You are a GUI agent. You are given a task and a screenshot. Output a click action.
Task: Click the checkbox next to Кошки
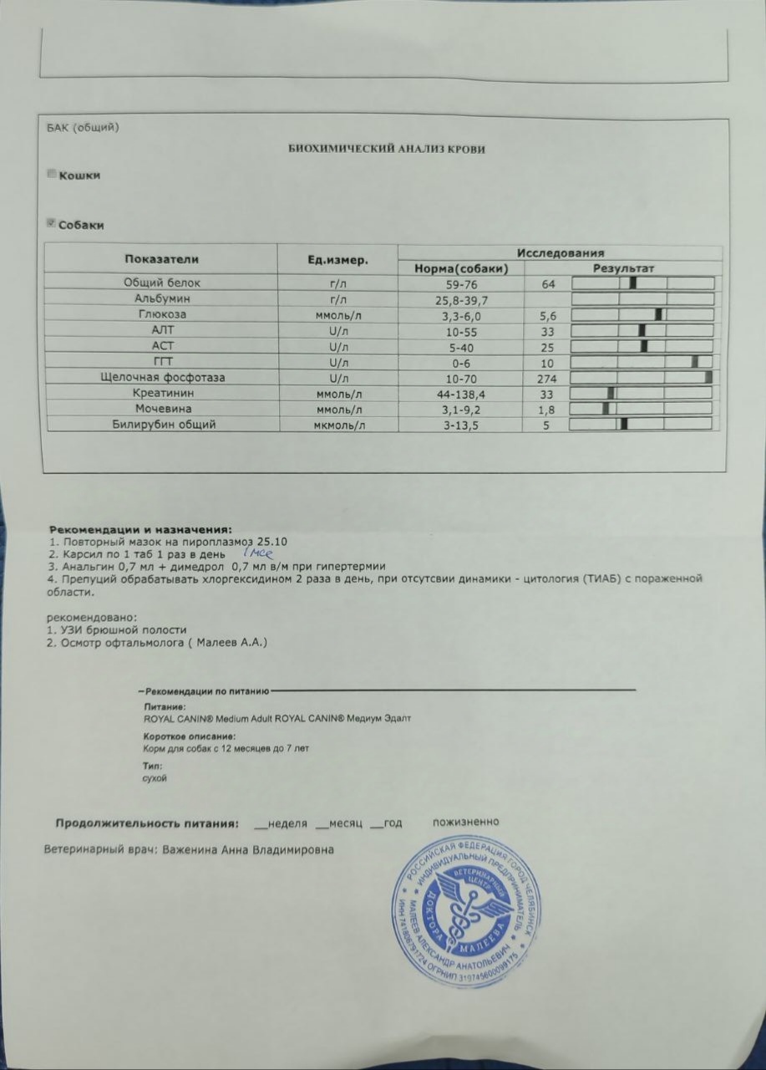52,174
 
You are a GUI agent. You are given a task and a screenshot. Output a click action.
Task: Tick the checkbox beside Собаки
52,223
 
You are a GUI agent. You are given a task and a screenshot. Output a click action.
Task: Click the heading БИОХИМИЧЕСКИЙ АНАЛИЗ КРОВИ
387,149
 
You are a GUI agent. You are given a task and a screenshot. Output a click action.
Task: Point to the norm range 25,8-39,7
459,299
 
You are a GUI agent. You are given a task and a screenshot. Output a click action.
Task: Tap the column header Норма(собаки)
459,268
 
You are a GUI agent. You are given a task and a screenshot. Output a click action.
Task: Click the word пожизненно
466,822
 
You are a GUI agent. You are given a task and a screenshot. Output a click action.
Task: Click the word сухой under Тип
155,778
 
